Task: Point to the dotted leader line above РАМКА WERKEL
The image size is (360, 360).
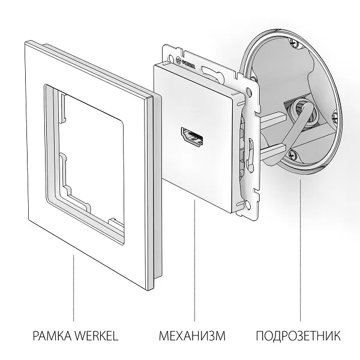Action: click(74, 288)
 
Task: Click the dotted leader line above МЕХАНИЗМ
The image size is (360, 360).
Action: click(194, 264)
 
